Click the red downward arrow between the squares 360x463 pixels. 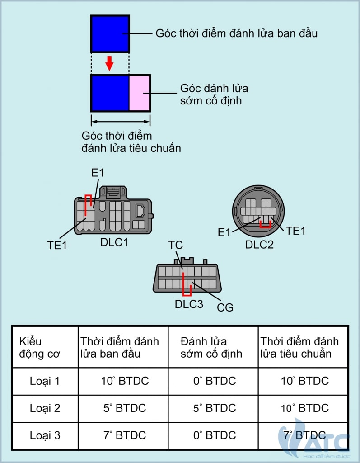(x=109, y=63)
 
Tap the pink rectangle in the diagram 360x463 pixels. (x=140, y=93)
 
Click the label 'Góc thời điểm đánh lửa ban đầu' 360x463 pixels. (x=236, y=33)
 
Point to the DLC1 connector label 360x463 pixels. (x=114, y=242)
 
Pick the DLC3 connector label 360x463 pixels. (x=189, y=304)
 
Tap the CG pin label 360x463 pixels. (x=225, y=308)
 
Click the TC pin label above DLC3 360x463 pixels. (x=175, y=245)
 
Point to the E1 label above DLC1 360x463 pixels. (x=98, y=173)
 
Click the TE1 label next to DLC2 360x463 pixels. (x=296, y=231)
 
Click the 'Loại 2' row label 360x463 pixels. (x=45, y=408)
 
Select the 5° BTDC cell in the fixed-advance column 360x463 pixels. (x=215, y=408)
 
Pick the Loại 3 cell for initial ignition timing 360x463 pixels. (x=125, y=435)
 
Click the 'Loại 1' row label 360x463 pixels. (x=45, y=381)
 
